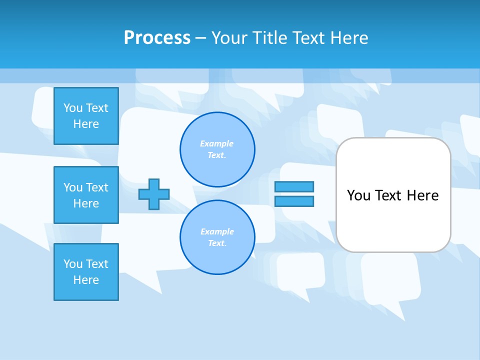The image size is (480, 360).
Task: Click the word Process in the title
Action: click(157, 38)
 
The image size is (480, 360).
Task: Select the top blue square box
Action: click(86, 116)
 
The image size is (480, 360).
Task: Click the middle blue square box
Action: click(86, 195)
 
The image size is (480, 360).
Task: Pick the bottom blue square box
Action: click(86, 272)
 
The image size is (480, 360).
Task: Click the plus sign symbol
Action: click(154, 194)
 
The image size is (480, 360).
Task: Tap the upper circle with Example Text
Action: click(217, 149)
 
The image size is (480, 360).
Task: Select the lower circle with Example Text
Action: click(217, 237)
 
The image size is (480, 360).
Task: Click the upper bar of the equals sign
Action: click(294, 186)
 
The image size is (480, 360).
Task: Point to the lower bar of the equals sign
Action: click(294, 201)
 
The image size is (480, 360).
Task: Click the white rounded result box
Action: click(393, 220)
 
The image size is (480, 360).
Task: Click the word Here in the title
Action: click(349, 38)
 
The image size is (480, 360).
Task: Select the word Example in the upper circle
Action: click(216, 143)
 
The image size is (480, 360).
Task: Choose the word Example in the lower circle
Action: click(216, 231)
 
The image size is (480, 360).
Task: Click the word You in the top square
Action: click(73, 108)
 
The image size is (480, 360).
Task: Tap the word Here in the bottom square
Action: click(86, 280)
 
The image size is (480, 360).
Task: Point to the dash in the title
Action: click(200, 38)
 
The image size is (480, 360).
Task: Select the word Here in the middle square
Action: click(86, 203)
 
